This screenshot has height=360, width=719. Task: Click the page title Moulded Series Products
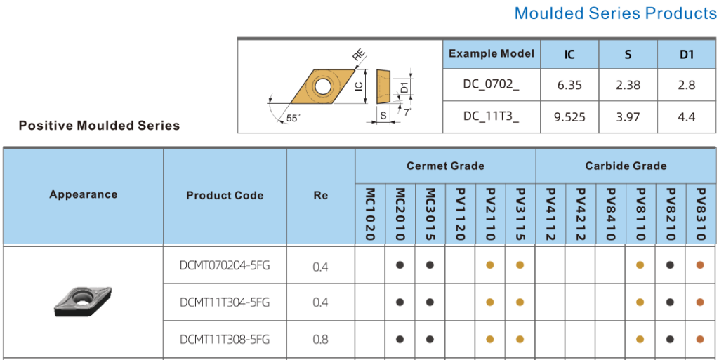(616, 13)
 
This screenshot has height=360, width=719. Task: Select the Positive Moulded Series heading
(99, 126)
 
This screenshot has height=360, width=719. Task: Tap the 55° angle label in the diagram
(293, 118)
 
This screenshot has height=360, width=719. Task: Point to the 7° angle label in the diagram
(408, 112)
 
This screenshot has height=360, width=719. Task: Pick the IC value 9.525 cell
(569, 117)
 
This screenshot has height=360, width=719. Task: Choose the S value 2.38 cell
(628, 85)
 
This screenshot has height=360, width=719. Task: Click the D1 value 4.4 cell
(687, 117)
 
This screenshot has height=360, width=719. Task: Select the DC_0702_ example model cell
(492, 85)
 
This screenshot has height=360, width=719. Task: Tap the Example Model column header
(492, 53)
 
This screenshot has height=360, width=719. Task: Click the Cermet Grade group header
(445, 166)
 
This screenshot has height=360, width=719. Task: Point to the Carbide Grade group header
(626, 166)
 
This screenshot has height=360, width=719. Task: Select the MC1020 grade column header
(371, 214)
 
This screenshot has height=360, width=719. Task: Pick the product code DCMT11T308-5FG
(225, 340)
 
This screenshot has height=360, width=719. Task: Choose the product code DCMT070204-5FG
(225, 265)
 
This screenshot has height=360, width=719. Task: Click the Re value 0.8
(320, 340)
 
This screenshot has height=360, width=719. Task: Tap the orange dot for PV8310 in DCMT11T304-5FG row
(700, 302)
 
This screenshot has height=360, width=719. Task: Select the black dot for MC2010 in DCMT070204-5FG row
(400, 265)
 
